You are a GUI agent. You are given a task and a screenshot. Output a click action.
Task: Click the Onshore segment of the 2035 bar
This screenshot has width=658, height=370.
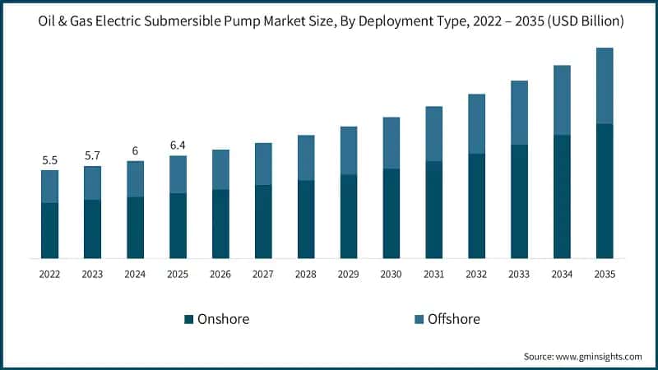605,191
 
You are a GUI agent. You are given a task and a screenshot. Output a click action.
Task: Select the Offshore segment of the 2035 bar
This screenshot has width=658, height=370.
605,86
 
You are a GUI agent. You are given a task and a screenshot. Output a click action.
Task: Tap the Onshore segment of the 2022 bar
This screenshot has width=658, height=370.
49,230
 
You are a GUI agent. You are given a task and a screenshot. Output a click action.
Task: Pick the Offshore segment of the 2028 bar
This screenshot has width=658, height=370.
306,158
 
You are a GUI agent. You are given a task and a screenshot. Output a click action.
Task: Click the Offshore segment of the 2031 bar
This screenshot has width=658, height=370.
434,133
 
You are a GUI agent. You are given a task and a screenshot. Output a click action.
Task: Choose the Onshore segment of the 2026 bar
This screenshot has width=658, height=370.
220,224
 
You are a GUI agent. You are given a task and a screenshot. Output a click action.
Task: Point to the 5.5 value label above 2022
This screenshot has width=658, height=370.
49,160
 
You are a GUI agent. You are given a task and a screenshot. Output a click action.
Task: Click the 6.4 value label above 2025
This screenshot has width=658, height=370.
178,145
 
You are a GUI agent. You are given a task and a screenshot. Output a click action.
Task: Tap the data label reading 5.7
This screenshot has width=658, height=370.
92,155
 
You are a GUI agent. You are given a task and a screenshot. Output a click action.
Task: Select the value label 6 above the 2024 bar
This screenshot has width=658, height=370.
135,150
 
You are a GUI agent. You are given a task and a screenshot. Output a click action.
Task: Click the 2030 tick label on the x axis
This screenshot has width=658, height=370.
392,274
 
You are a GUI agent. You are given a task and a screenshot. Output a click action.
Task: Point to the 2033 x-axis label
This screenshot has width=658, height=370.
520,274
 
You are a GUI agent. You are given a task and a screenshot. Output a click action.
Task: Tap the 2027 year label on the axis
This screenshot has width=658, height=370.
263,274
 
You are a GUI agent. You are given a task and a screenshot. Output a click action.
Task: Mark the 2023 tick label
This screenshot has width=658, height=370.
92,274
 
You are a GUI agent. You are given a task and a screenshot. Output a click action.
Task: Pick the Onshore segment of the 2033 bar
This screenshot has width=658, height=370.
520,201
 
